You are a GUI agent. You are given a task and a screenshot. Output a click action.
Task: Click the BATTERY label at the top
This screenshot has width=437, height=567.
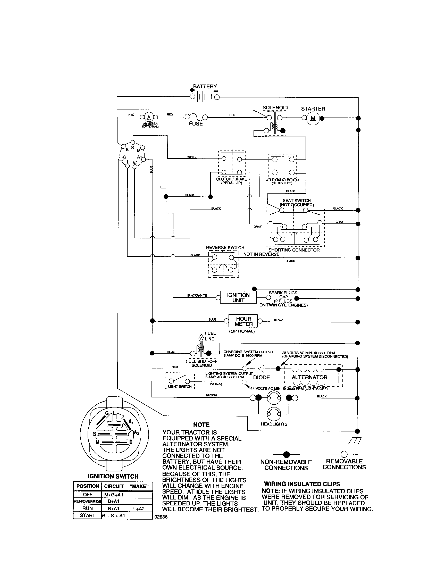point(205,86)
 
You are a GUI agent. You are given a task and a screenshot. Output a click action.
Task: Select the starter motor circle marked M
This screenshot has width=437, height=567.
point(313,118)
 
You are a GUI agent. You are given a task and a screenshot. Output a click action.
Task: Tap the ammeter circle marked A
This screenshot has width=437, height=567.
point(149,117)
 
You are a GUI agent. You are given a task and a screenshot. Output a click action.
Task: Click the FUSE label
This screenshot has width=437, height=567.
point(196,124)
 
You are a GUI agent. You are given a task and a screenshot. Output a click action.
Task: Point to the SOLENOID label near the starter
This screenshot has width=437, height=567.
point(275,107)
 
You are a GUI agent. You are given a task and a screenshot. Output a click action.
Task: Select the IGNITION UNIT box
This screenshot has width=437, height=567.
point(238,297)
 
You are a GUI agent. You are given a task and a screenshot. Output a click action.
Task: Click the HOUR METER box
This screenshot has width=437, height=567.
point(243,321)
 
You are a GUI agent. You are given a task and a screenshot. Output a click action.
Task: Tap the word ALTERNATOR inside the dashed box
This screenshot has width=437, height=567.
point(309,377)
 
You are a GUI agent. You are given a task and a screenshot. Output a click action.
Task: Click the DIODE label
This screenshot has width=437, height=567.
point(261,377)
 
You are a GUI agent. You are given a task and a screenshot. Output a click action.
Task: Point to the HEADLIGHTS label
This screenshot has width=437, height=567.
point(274,424)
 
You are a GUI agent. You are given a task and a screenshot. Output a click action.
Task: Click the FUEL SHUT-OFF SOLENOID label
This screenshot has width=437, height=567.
point(202,363)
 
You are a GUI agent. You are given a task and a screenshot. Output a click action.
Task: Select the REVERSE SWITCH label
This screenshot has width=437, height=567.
point(225,247)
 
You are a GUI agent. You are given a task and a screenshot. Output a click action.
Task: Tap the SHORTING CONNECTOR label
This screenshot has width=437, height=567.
point(294,250)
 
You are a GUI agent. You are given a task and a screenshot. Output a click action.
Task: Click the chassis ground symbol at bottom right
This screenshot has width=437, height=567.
point(354,440)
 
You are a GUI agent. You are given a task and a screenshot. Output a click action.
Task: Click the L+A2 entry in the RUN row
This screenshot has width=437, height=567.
point(139,508)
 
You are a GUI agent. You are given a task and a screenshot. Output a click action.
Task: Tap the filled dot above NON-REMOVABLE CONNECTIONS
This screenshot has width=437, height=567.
point(286,455)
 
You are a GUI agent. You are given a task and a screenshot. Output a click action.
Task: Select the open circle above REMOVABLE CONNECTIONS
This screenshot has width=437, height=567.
point(344,454)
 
